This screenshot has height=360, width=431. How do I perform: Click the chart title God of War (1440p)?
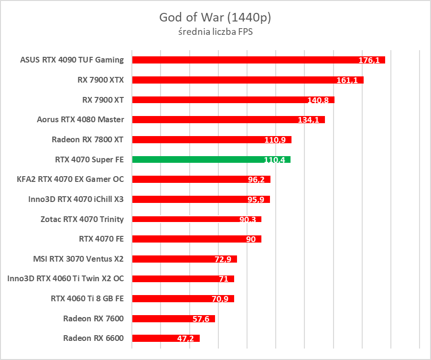tap(215, 18)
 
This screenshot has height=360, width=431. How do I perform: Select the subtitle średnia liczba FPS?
tap(215, 32)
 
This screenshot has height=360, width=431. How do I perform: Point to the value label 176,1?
tap(369, 60)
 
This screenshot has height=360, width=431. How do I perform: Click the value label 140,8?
tap(318, 100)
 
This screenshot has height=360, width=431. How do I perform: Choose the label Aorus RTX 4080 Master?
tap(80, 119)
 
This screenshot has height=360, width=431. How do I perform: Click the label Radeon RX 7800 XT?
tap(87, 139)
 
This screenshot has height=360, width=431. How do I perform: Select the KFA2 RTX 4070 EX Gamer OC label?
tap(70, 179)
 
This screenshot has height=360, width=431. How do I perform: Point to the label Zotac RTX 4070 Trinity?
tap(82, 219)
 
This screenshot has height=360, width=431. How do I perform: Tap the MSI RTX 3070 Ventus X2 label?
tap(78, 259)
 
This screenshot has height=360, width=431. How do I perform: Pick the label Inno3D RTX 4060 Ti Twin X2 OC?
tap(65, 279)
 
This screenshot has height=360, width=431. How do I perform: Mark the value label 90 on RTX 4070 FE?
tap(251, 239)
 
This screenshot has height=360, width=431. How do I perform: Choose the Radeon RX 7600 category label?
tap(93, 318)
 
